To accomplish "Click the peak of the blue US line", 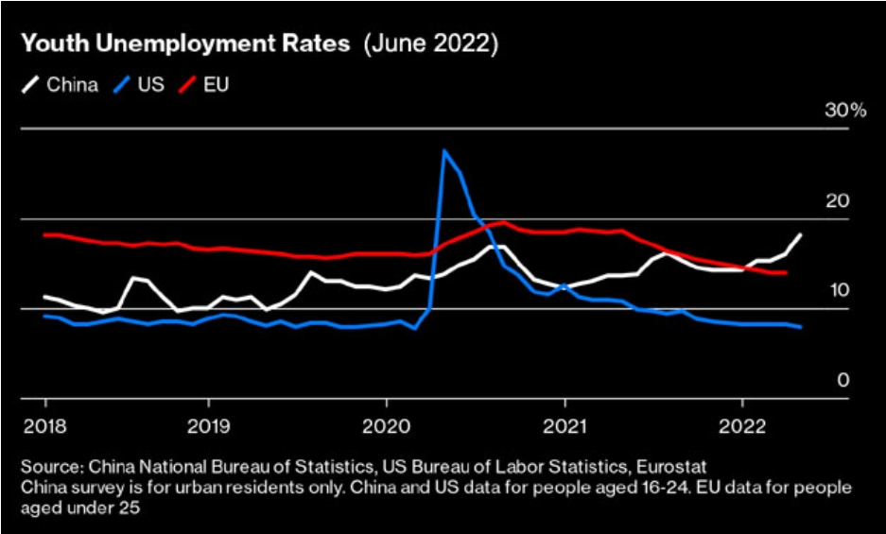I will click(x=444, y=149).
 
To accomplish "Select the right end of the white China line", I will click(x=802, y=234).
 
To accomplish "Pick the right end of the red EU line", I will click(x=787, y=272).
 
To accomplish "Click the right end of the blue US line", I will click(x=802, y=327).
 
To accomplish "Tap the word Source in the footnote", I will click(x=49, y=468).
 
